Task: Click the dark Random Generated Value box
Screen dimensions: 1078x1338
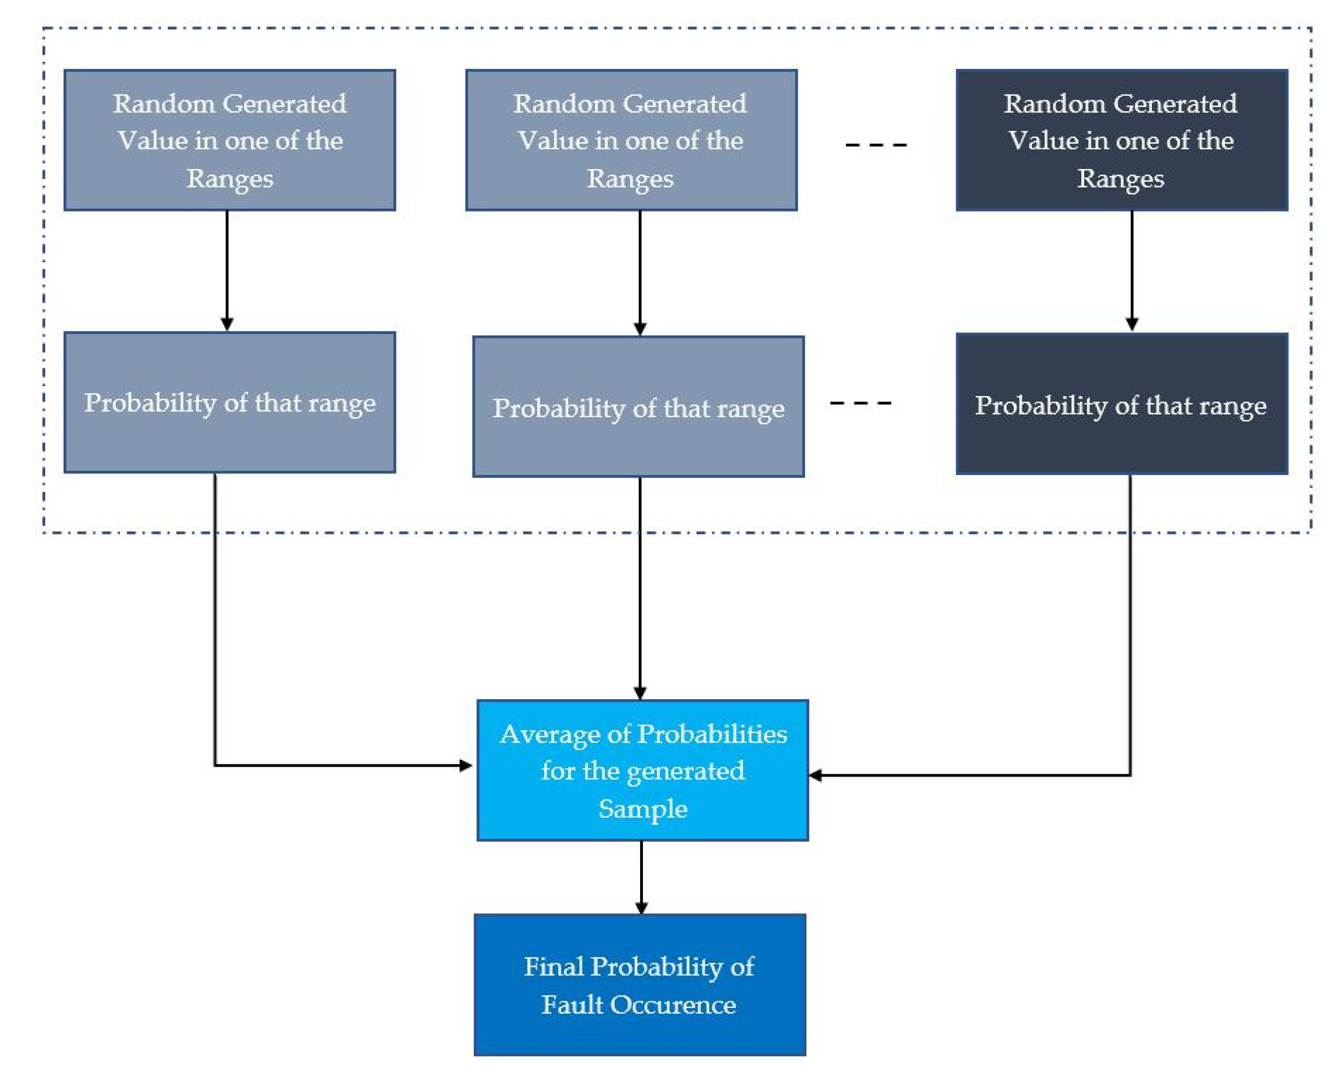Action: (x=1121, y=140)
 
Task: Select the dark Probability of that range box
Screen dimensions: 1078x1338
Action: (x=1121, y=404)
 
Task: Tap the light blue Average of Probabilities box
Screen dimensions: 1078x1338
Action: (x=643, y=771)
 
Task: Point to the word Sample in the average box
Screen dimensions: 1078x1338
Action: (x=643, y=808)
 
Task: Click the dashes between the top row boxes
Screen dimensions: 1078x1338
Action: (x=876, y=145)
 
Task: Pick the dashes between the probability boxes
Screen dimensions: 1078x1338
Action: (x=860, y=403)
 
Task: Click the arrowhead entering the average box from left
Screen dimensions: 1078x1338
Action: (x=466, y=766)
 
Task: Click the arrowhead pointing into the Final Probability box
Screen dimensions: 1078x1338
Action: (x=641, y=908)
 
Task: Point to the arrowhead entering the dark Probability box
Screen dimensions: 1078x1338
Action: (x=1132, y=325)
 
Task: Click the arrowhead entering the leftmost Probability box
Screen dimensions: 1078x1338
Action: (x=227, y=324)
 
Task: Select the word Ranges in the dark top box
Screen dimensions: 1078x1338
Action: (x=1121, y=179)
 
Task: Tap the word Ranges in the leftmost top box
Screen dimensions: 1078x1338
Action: (x=230, y=179)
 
